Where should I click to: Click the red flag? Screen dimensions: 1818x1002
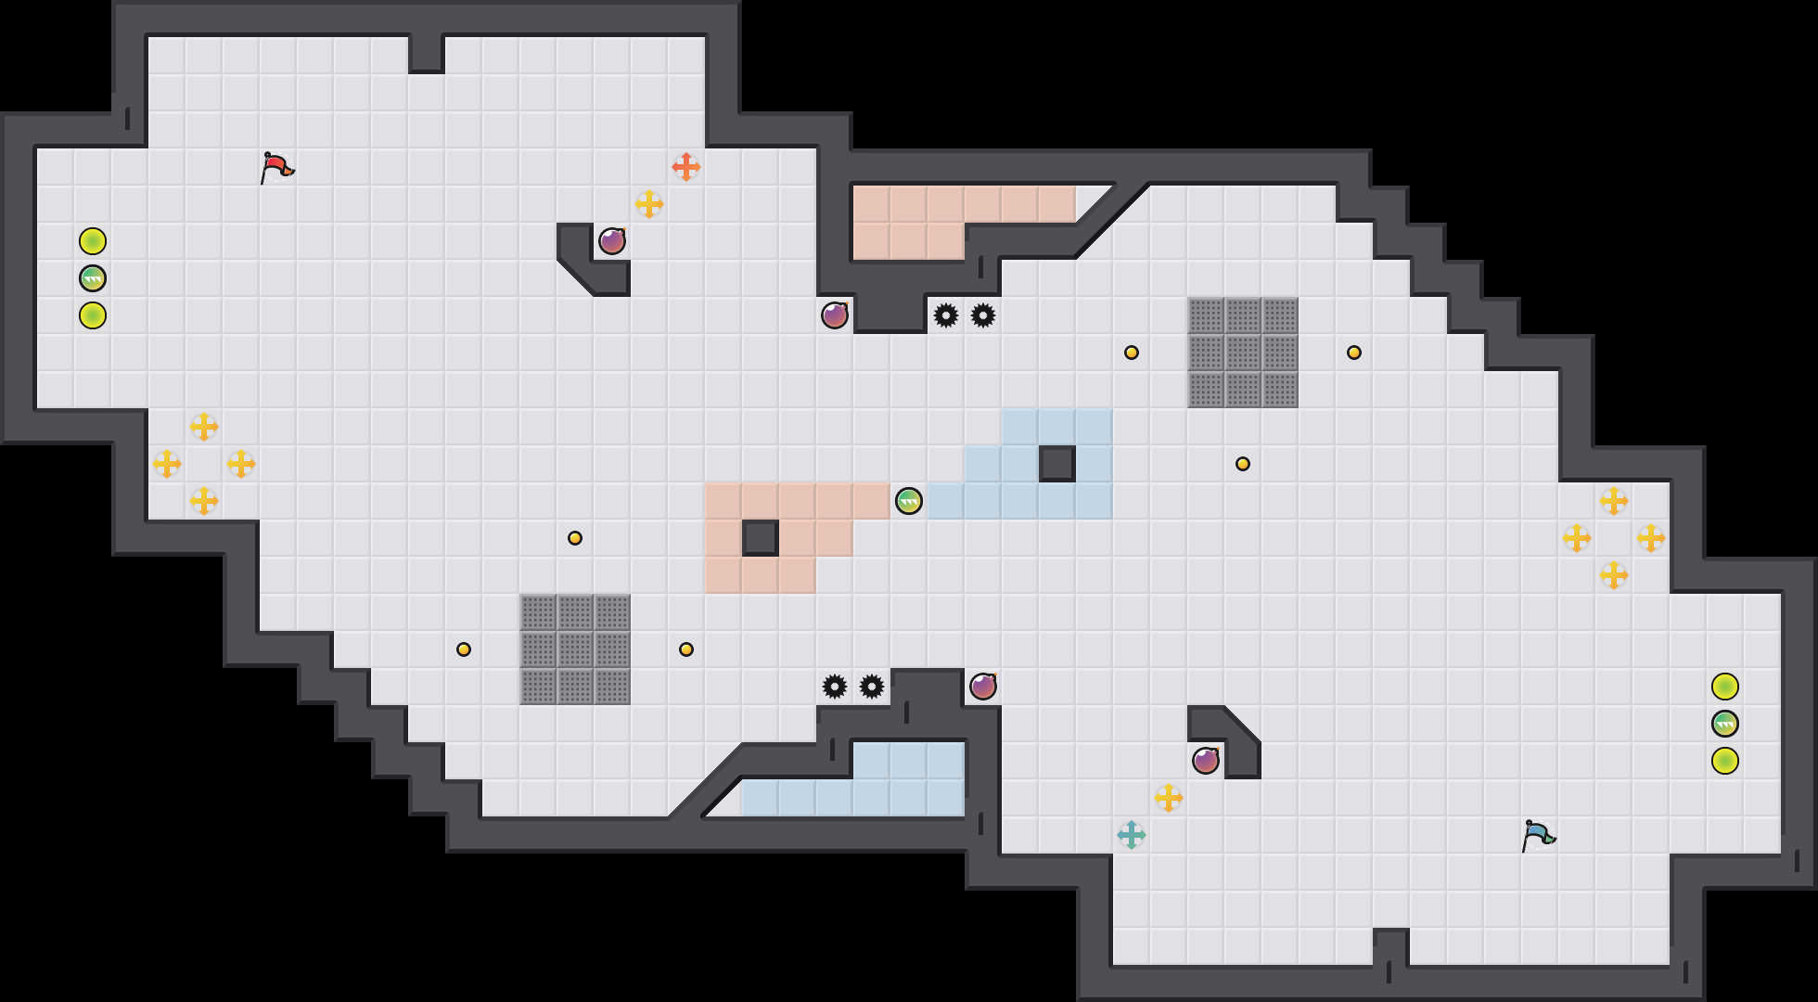coord(275,168)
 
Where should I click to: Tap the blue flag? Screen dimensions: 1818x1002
coord(1537,835)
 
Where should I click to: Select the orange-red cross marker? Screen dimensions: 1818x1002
coord(686,167)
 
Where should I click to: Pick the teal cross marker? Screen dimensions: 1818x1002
coord(1132,835)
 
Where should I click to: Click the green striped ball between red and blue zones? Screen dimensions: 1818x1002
coord(909,501)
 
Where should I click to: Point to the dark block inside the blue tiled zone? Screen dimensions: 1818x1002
coord(1057,464)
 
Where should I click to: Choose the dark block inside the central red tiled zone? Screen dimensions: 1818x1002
coord(761,538)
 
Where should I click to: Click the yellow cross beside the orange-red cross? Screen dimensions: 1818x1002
coord(649,204)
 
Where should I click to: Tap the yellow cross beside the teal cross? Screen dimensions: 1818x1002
coord(1169,798)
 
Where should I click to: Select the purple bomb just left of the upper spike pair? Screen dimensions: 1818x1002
coord(835,315)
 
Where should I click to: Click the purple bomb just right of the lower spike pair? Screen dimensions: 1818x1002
coord(983,687)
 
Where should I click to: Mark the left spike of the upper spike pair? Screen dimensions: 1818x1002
coord(946,315)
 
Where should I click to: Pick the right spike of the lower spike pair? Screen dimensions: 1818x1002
coord(872,687)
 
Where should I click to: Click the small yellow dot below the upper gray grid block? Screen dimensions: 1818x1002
coord(1243,464)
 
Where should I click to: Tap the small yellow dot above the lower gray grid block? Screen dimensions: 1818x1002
coord(575,538)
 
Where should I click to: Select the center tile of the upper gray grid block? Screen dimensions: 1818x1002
coord(1243,353)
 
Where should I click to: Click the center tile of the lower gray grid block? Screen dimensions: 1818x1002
coord(575,649)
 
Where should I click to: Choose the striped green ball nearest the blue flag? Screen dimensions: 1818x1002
coord(1725,724)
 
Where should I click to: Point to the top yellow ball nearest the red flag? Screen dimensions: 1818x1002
coord(93,241)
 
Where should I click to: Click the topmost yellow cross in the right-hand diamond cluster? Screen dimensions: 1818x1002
coord(1614,501)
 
